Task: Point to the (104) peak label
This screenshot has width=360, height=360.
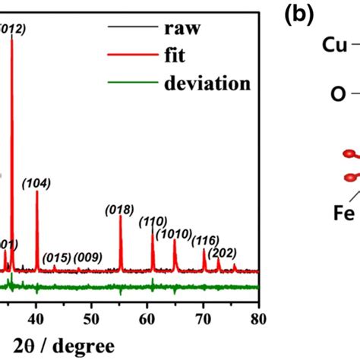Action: [36, 183]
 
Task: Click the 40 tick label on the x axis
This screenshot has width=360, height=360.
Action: [36, 308]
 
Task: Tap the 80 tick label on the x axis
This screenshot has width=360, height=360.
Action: [259, 308]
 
